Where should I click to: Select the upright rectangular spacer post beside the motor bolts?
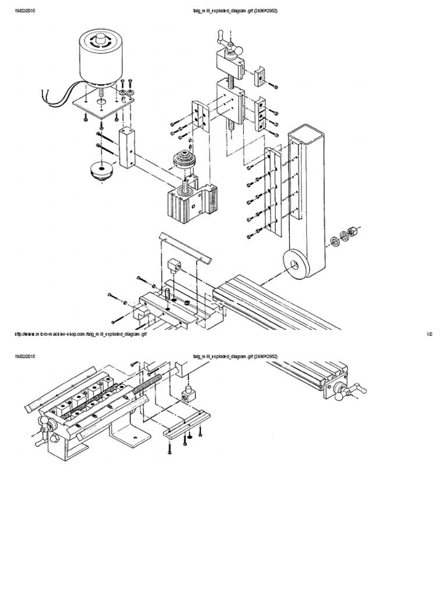[x=127, y=148]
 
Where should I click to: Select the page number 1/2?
[x=430, y=334]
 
